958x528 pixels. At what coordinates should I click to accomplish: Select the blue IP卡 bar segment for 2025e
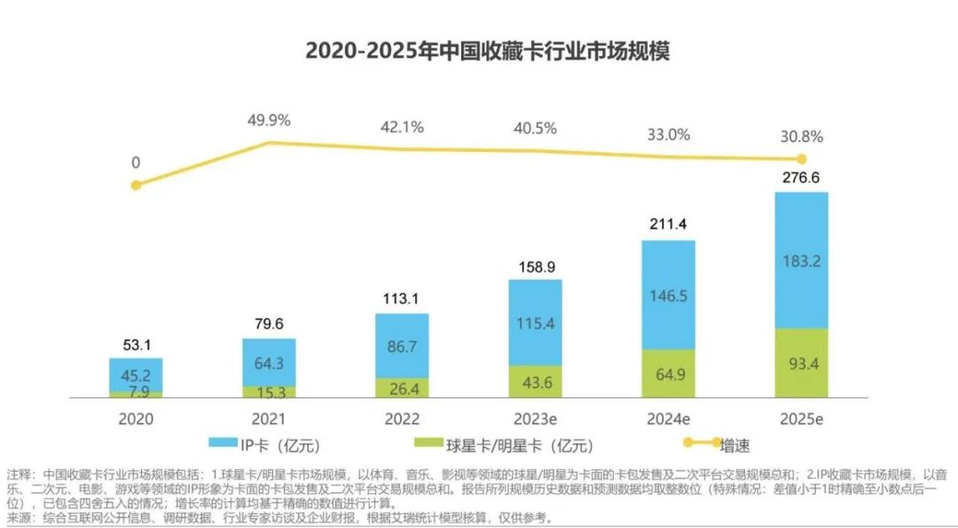tap(801, 260)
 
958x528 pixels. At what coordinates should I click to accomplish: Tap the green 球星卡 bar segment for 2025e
tap(801, 363)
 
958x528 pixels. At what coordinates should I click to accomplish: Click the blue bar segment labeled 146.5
tap(668, 295)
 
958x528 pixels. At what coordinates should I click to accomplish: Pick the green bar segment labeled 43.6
tap(535, 382)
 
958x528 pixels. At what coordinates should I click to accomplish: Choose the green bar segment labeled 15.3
tap(269, 391)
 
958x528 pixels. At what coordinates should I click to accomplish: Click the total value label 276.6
tap(801, 178)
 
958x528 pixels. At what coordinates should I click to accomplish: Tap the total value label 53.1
tap(136, 345)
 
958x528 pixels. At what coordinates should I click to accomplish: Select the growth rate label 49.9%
tap(269, 121)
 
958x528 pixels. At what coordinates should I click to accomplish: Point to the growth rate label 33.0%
tap(668, 135)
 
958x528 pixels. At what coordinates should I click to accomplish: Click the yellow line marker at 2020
tap(136, 185)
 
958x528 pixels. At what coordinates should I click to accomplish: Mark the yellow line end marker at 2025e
tap(801, 160)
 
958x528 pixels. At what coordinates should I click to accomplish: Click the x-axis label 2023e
tap(535, 418)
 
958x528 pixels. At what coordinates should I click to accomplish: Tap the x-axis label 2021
tap(269, 418)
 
